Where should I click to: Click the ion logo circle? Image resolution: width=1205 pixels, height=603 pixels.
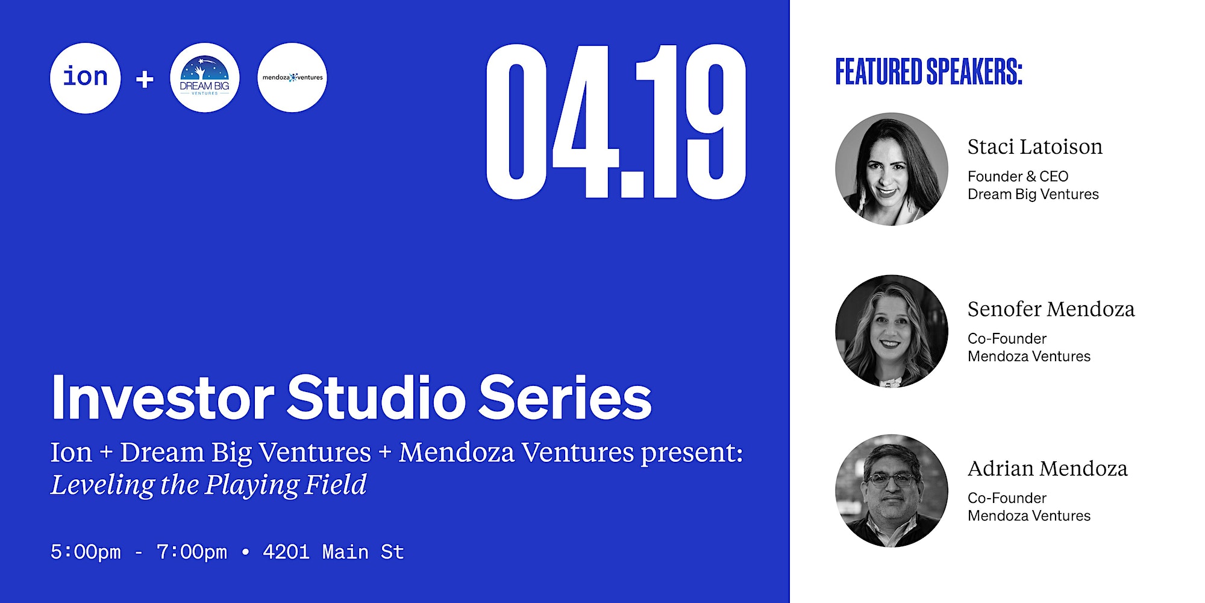(85, 78)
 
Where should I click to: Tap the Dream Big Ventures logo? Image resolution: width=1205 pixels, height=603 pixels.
(205, 78)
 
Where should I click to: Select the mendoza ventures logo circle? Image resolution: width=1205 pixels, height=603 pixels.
(292, 78)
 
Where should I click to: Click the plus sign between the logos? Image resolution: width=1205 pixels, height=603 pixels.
(145, 79)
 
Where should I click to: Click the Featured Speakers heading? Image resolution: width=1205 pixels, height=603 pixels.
(928, 72)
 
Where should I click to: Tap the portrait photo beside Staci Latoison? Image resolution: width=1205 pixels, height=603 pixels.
(892, 169)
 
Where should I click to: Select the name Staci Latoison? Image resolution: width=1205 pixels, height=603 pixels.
(1034, 147)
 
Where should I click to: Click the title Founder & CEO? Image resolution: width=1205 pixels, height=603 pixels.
(1018, 176)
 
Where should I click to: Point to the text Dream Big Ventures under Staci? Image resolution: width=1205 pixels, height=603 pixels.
(1033, 194)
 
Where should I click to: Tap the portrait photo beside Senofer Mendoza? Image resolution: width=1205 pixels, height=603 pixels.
(892, 331)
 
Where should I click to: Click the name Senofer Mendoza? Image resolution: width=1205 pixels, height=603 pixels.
(1051, 309)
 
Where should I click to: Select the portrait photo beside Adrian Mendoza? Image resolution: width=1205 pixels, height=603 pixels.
(892, 491)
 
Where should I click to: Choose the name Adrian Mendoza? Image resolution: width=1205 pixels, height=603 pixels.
(1047, 469)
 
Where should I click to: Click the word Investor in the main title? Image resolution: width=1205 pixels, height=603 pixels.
(163, 397)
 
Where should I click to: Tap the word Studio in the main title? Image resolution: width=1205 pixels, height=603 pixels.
(376, 397)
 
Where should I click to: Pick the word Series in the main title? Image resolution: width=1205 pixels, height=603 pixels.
(565, 397)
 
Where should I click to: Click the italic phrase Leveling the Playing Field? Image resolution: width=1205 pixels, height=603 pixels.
(208, 485)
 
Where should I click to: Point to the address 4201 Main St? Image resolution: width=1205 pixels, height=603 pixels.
(333, 552)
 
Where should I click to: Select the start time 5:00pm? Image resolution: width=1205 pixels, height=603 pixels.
(86, 552)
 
